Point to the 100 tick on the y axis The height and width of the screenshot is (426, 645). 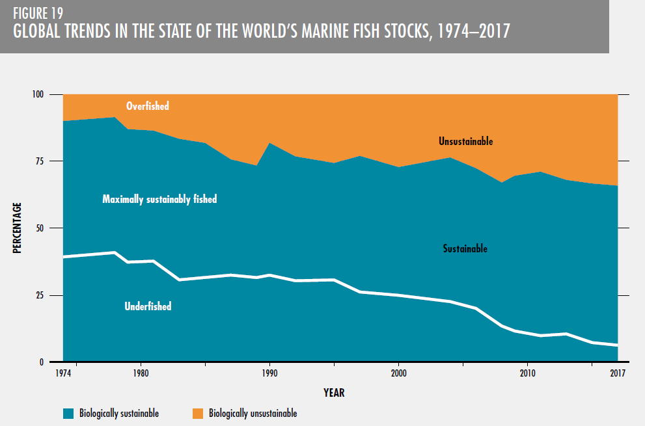pyautogui.click(x=37, y=94)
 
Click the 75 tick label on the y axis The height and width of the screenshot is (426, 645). pyautogui.click(x=40, y=161)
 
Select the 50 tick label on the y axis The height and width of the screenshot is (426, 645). pyautogui.click(x=40, y=228)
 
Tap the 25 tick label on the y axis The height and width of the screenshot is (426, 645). pyautogui.click(x=40, y=295)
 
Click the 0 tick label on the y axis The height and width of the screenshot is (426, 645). pyautogui.click(x=42, y=362)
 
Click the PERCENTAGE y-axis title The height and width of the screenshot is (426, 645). pyautogui.click(x=18, y=228)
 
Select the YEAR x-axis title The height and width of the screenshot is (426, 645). pyautogui.click(x=334, y=393)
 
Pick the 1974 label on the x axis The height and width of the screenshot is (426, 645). pyautogui.click(x=64, y=373)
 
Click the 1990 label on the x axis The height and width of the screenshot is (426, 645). pyautogui.click(x=269, y=373)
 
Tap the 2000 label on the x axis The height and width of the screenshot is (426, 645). pyautogui.click(x=398, y=373)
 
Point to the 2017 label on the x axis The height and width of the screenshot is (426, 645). pyautogui.click(x=617, y=373)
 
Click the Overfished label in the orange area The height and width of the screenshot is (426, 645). pyautogui.click(x=147, y=105)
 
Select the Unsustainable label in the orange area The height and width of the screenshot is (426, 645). pyautogui.click(x=465, y=141)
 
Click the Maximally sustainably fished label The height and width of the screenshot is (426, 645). pyautogui.click(x=159, y=200)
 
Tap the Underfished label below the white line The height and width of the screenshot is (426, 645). pyautogui.click(x=148, y=306)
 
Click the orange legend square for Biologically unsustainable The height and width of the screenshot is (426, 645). pyautogui.click(x=198, y=413)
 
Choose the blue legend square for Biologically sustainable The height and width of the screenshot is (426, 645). pyautogui.click(x=68, y=413)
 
